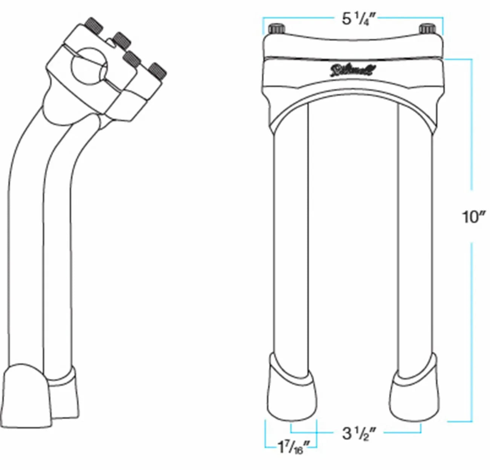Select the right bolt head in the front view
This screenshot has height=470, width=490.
[428, 29]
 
